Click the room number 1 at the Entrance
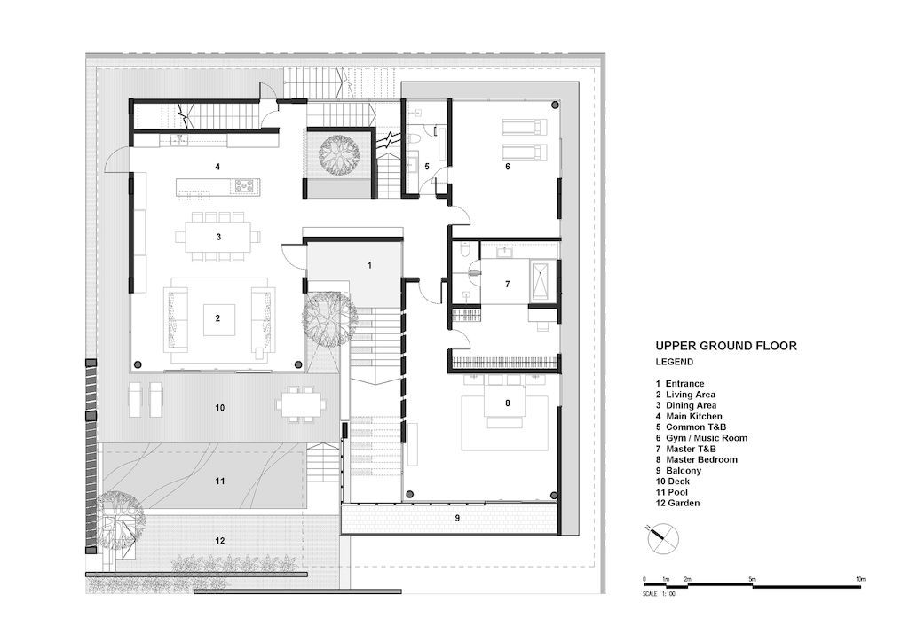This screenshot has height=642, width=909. pos(369,265)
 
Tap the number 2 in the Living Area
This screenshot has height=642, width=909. pos(218,317)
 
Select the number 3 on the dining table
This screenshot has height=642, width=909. pos(218,237)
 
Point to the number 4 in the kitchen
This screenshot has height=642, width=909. pos(217,167)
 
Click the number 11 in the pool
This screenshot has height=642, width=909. pos(220,481)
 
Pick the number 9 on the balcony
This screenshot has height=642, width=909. pos(457,518)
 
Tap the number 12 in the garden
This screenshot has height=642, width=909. pos(220,541)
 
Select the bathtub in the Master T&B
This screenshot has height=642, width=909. pos(542,281)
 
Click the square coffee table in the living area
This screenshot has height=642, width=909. pos(218,319)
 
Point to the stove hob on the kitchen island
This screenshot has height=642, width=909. pos(245,186)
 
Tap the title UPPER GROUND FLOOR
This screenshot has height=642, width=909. pos(726,346)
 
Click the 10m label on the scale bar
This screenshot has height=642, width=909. pos(860,579)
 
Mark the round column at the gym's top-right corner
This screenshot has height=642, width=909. pos(556,105)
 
